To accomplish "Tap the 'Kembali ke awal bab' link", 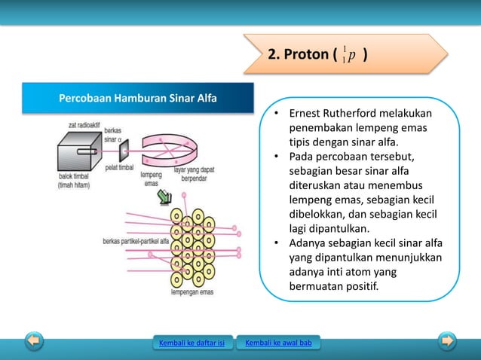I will (x=278, y=344).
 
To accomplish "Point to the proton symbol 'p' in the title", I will (x=352, y=55).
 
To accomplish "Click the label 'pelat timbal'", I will (x=120, y=167).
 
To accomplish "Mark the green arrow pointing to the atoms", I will (x=164, y=197).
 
